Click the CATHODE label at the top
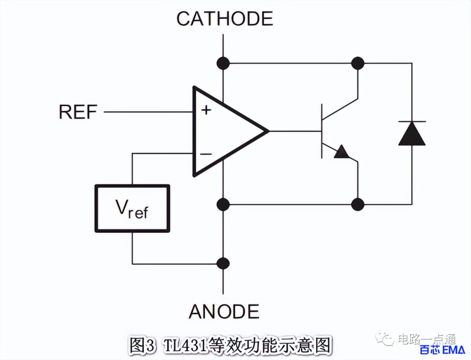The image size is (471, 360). (x=225, y=19)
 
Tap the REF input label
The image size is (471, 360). (x=78, y=112)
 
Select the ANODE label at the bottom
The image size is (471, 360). (x=224, y=312)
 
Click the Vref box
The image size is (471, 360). (x=132, y=208)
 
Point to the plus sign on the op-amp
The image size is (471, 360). (x=206, y=110)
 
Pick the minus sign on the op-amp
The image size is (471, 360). (x=206, y=154)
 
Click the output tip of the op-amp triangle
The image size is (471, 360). (x=267, y=131)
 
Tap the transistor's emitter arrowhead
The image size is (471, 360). (x=342, y=151)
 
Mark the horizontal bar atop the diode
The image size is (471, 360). (x=412, y=121)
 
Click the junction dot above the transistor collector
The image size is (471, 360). (x=358, y=63)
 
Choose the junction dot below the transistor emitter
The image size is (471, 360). (x=358, y=204)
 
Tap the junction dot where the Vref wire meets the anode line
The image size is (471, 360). (x=223, y=264)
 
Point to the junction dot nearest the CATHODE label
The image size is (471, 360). (x=223, y=63)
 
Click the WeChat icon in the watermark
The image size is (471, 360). (x=386, y=338)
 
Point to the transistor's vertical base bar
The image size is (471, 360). (x=322, y=131)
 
